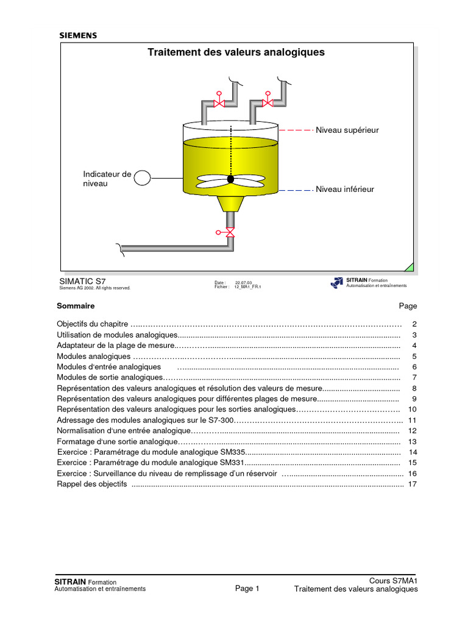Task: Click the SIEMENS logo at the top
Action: click(77, 35)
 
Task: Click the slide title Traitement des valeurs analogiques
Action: click(236, 52)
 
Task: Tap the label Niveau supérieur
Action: click(347, 130)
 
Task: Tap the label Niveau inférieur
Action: click(344, 190)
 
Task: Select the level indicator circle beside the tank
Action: click(142, 177)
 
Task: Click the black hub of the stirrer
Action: click(230, 179)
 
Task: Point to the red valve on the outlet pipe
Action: click(229, 232)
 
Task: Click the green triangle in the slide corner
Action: click(409, 267)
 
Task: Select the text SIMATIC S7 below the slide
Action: click(82, 282)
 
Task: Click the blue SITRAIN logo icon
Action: click(337, 283)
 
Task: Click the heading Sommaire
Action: click(76, 306)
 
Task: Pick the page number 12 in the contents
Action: click(412, 431)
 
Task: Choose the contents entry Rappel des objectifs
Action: click(92, 484)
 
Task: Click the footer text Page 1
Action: click(247, 589)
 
